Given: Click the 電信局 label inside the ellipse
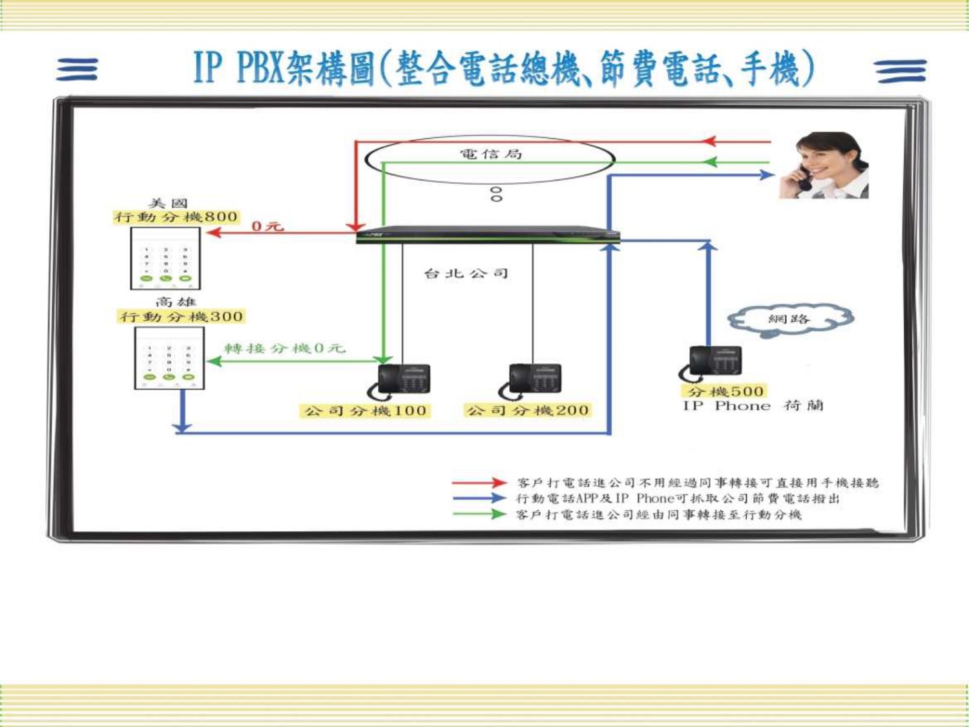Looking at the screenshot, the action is click(491, 154).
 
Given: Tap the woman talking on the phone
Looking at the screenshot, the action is click(823, 165).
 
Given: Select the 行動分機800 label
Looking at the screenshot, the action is click(176, 217).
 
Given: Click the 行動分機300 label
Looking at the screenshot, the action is click(182, 317).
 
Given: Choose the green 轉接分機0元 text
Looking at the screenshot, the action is click(285, 348).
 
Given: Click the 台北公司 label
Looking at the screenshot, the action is click(466, 273).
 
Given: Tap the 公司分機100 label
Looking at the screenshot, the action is click(365, 411).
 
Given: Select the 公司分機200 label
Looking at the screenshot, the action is click(528, 410).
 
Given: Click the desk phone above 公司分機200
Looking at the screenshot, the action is click(530, 381).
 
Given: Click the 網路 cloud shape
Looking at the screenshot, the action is click(790, 320).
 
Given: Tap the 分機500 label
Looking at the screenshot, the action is click(725, 392).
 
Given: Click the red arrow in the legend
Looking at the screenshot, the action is click(479, 483).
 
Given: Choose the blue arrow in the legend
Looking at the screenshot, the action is click(479, 498).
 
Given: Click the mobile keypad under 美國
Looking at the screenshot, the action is click(165, 258).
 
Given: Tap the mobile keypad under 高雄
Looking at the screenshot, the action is click(169, 358).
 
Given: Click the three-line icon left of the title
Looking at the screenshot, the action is click(77, 70).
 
